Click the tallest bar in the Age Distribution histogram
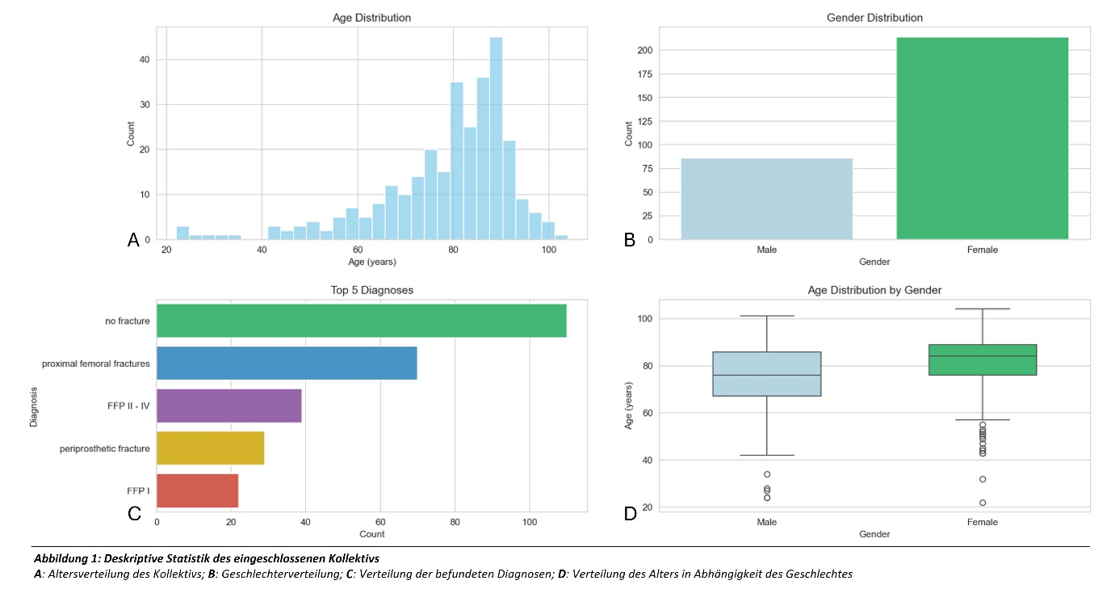point(496,137)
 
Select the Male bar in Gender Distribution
point(766,199)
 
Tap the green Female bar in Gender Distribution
point(982,138)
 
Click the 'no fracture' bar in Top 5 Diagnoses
point(361,321)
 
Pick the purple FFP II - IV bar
point(228,405)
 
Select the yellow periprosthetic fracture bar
point(210,448)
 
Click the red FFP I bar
point(197,490)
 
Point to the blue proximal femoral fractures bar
point(287,363)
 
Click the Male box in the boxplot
point(766,373)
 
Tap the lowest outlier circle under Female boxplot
point(983,503)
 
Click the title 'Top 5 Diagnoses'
point(371,290)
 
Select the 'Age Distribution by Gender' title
point(874,290)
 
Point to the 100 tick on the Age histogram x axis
point(548,250)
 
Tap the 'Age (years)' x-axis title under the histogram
point(371,262)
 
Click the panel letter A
point(134,238)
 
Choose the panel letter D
point(630,512)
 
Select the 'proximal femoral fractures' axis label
point(95,364)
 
